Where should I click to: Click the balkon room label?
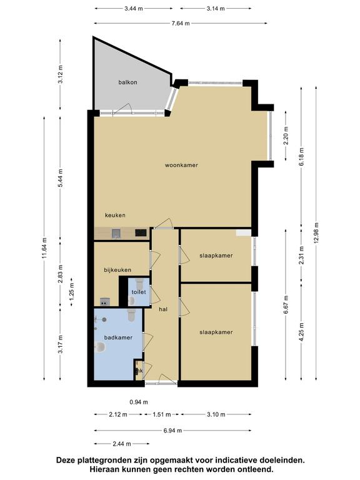(127, 82)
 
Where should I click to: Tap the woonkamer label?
(181, 165)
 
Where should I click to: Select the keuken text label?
(115, 215)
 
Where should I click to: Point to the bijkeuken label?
(117, 270)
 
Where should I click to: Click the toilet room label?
(139, 292)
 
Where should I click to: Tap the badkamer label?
(118, 337)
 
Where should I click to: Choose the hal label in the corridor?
(163, 309)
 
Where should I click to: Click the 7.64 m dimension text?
(181, 23)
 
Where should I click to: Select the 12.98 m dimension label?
(316, 233)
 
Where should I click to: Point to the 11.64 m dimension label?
(44, 248)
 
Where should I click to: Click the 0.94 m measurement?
(139, 402)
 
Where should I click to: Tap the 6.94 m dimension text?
(172, 431)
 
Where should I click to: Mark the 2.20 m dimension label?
(286, 136)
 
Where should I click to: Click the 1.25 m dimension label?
(72, 292)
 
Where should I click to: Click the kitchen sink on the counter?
(116, 234)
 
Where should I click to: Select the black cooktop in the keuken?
(141, 233)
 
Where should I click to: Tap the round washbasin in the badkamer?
(100, 347)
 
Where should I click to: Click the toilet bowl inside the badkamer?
(132, 315)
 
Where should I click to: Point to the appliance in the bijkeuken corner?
(105, 302)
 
